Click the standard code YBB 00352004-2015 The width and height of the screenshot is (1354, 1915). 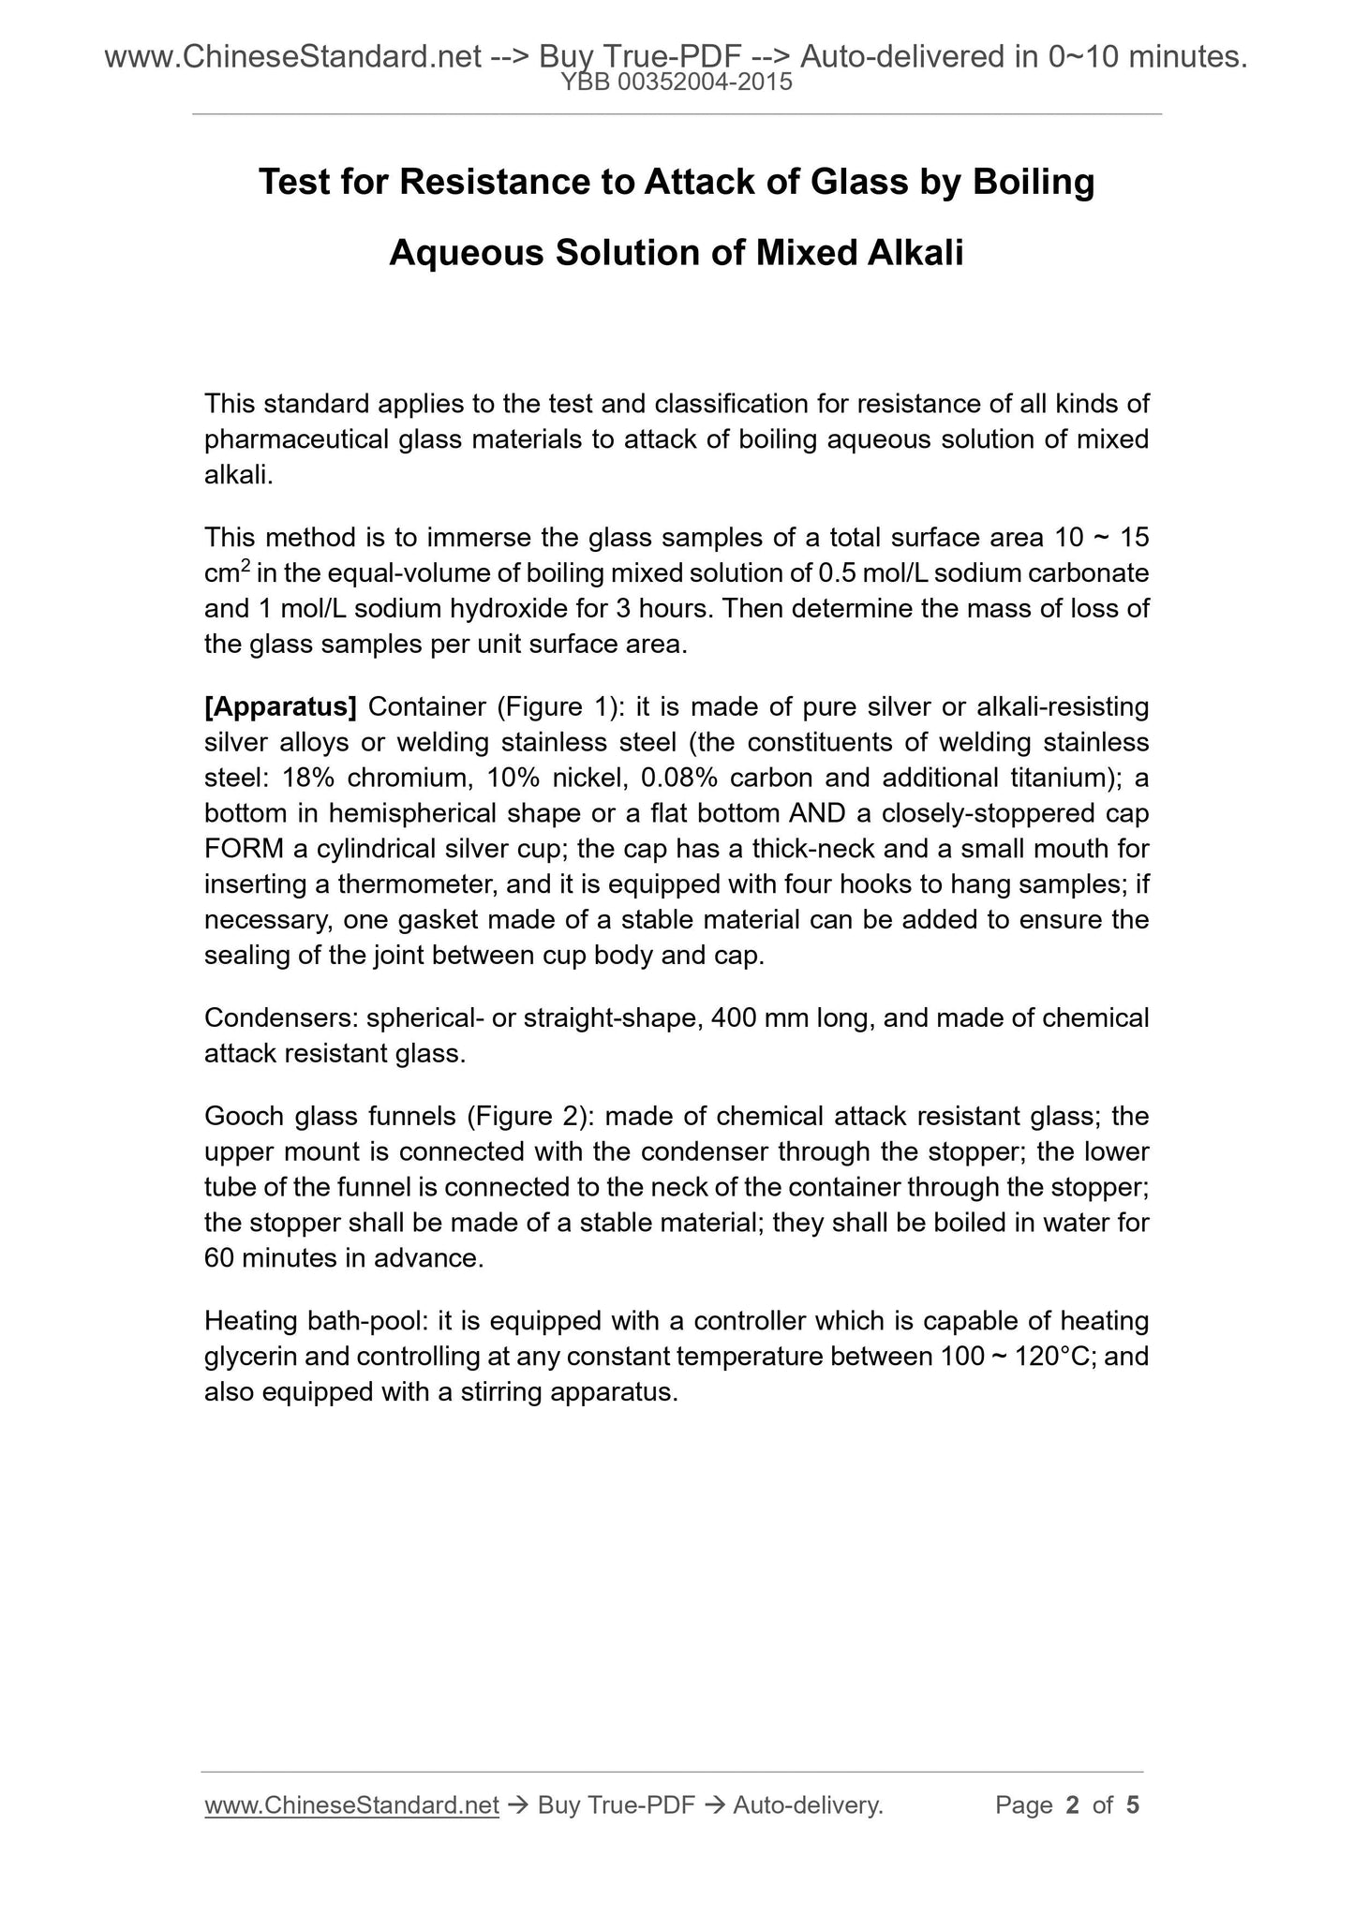[676, 82]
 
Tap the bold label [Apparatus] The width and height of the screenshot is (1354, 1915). [280, 706]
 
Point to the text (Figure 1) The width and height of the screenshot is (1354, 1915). [555, 706]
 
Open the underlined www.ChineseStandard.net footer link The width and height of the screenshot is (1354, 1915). [350, 1805]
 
